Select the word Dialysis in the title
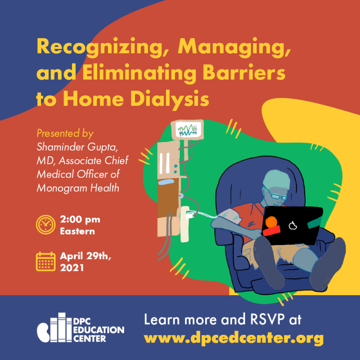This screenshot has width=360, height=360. click(170, 99)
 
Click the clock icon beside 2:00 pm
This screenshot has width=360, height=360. click(46, 225)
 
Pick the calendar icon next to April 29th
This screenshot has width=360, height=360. click(46, 261)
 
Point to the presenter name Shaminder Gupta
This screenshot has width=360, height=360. click(77, 147)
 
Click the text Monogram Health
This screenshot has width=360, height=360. click(78, 188)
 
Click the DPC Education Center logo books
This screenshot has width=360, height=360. click(54, 327)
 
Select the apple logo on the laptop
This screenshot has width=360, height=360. click(292, 226)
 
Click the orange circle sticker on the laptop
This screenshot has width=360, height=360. click(271, 222)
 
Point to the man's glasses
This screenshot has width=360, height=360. click(276, 195)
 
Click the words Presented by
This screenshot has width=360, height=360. click(65, 134)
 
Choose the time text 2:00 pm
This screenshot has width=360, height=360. click(80, 220)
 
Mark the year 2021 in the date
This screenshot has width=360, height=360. click(72, 268)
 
